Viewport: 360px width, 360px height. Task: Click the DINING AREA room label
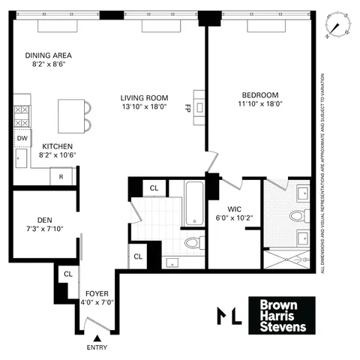click(x=47, y=55)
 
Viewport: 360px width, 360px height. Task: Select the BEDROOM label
click(x=260, y=94)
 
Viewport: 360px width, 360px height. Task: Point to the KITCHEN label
click(x=56, y=145)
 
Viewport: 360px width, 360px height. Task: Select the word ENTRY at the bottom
click(x=97, y=349)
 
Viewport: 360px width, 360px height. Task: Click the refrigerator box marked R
click(x=61, y=177)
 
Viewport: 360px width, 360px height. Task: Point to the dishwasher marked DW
click(x=21, y=139)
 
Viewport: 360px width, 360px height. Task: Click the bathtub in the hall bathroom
click(x=193, y=202)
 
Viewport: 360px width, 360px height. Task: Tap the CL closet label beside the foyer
click(x=67, y=275)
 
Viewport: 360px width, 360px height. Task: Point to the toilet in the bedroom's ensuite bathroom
click(x=298, y=216)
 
